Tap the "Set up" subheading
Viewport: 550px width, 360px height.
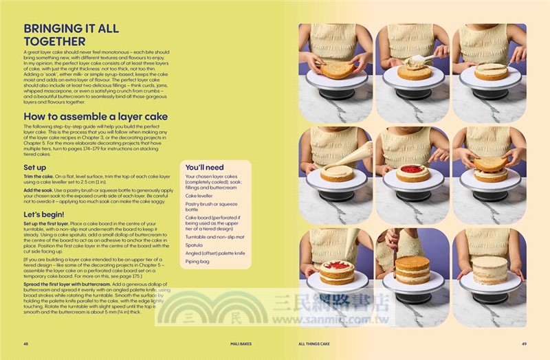[x=35, y=167]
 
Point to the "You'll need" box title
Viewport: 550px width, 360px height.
[x=204, y=167]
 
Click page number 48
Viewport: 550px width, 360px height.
[x=25, y=344]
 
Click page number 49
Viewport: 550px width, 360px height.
[x=525, y=344]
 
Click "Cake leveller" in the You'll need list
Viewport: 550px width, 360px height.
[x=201, y=195]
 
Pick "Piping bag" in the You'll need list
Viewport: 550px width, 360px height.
[x=198, y=260]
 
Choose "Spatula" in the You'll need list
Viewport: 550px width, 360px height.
[x=195, y=244]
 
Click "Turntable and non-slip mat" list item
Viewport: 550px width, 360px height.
[x=214, y=236]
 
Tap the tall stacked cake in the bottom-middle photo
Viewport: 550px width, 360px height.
[x=412, y=269]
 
